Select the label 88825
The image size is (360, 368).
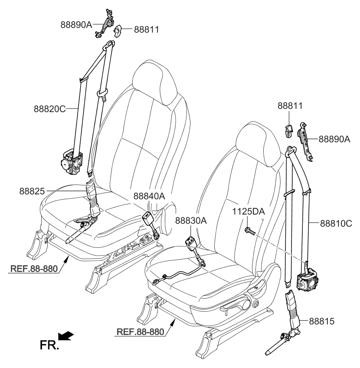pos(32,190)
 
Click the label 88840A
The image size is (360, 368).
pos(149,196)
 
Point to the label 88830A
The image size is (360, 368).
pos(191,220)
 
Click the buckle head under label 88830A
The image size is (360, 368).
pos(191,242)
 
